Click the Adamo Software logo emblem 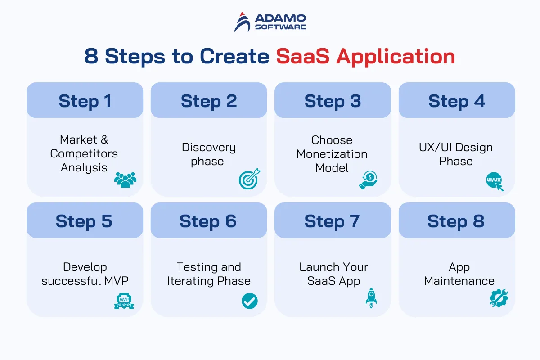[x=242, y=22]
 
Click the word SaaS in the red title [x=303, y=56]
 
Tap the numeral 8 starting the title [x=91, y=56]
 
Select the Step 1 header [x=85, y=100]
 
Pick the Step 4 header [x=457, y=100]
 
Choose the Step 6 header [x=209, y=220]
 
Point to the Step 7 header [x=333, y=220]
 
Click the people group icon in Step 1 [x=126, y=180]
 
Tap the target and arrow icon [x=249, y=179]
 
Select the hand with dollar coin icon [x=368, y=180]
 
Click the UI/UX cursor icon [x=495, y=181]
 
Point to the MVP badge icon [x=124, y=301]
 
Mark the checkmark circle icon [x=250, y=301]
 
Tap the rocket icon [x=371, y=298]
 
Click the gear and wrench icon [x=499, y=298]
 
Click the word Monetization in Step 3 [x=332, y=154]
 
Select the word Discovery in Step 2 [x=209, y=148]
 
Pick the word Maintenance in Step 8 [x=459, y=281]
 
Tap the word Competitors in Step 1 [x=84, y=154]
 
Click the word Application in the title [x=396, y=57]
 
